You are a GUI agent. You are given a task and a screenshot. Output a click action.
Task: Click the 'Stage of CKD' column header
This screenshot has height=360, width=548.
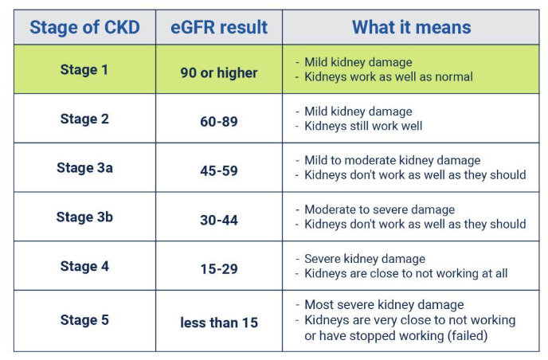coord(84,28)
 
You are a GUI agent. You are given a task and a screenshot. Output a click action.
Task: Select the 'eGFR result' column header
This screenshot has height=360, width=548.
coord(219,28)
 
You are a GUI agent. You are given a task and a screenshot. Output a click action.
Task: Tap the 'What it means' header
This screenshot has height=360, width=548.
coord(411,28)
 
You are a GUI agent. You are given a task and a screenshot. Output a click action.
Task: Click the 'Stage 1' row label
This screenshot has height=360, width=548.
coord(84,70)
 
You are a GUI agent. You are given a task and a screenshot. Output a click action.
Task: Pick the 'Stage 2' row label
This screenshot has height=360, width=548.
coord(84,119)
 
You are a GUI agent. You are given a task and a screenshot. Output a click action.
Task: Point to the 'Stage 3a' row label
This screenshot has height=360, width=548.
coord(84,168)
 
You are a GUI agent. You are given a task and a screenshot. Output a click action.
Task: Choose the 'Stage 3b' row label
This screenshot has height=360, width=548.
coord(84,217)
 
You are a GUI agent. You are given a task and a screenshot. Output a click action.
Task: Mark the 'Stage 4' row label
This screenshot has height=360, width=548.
coord(84,267)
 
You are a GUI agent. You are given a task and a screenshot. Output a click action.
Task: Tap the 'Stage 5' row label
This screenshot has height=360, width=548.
coord(84,320)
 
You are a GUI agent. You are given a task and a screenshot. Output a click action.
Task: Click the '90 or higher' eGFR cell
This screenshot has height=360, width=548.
coord(219,73)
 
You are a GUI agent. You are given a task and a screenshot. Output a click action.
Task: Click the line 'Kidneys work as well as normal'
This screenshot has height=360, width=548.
coord(389,77)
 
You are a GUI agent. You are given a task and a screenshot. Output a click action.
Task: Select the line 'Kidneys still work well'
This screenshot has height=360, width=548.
coord(363,127)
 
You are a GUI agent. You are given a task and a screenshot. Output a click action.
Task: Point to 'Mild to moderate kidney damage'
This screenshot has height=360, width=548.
coord(393,161)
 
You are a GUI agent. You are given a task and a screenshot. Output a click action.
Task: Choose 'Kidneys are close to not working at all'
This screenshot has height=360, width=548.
coord(406,274)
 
